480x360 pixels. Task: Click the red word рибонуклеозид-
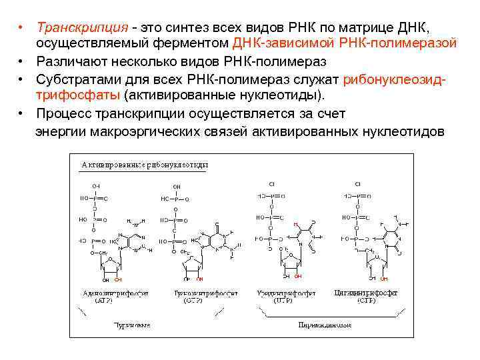point(393,79)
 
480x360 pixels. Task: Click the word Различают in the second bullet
point(75,61)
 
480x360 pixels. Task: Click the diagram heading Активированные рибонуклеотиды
point(145,164)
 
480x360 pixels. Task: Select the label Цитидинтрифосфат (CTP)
point(366,296)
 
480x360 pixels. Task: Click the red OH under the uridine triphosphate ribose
point(298,276)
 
